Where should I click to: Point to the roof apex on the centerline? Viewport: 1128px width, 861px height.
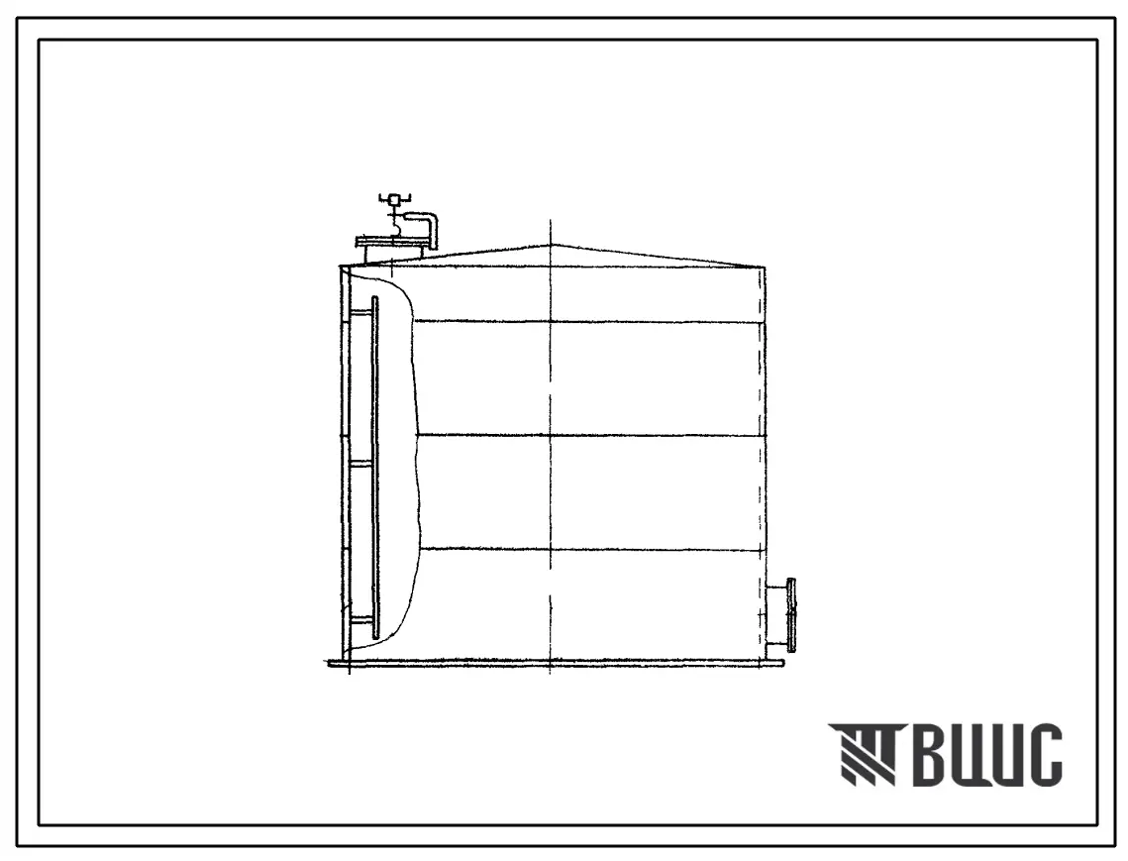pos(551,246)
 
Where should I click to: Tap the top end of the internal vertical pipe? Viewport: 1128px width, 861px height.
pos(374,297)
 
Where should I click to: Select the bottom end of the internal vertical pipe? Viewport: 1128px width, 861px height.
pos(374,637)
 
